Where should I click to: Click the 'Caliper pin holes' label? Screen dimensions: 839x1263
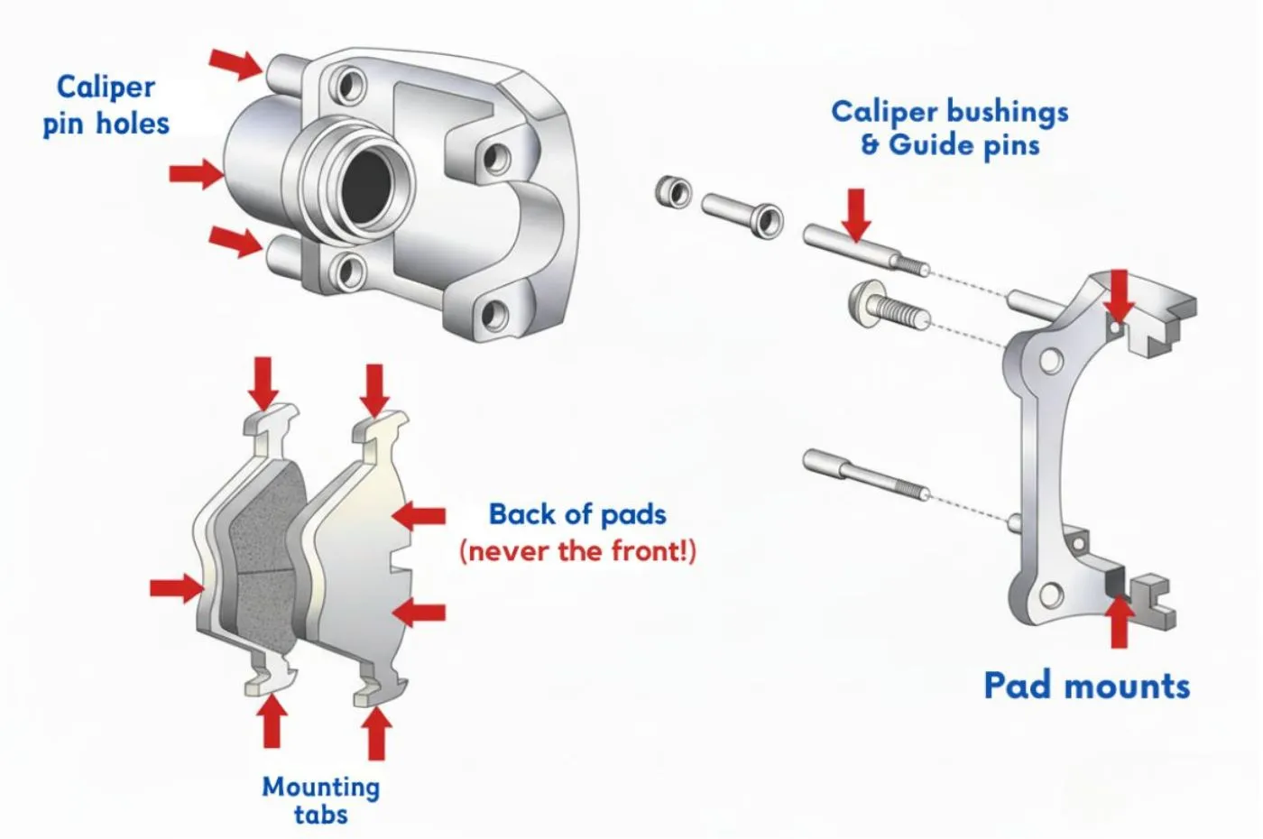click(106, 105)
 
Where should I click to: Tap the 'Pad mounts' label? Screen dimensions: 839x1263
click(1086, 686)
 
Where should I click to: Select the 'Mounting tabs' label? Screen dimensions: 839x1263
click(320, 800)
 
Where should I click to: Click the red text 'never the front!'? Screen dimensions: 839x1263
click(577, 550)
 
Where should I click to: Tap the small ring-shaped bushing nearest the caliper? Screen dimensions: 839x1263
click(673, 191)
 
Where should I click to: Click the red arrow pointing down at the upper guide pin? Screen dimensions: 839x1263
click(856, 215)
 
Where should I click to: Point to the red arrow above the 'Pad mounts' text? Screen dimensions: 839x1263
click(1120, 622)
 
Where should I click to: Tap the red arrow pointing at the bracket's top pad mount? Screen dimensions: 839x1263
click(1119, 294)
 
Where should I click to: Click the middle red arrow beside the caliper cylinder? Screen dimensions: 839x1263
click(197, 172)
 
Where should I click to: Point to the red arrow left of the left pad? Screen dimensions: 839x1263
click(176, 588)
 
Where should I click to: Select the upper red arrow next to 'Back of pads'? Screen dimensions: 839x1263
click(420, 516)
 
